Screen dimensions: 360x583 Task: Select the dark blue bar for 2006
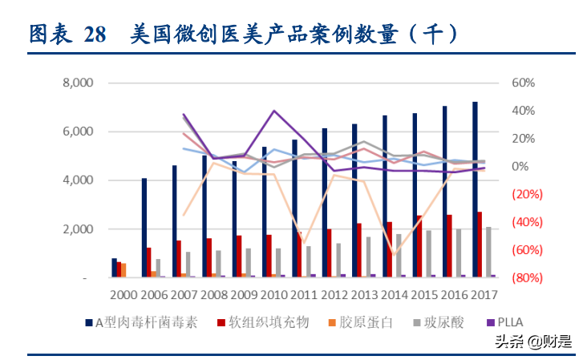[144, 228]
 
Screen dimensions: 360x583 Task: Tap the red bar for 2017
[480, 245]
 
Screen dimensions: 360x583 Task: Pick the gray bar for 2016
[458, 253]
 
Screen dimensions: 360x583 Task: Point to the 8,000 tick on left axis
[79, 83]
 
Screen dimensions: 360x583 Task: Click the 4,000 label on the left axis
[79, 180]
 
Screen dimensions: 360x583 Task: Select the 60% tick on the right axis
[523, 83]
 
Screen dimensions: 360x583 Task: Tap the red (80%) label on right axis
[522, 277]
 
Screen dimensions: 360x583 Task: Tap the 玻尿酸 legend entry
[433, 322]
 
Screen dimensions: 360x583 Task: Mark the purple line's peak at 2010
[274, 111]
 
